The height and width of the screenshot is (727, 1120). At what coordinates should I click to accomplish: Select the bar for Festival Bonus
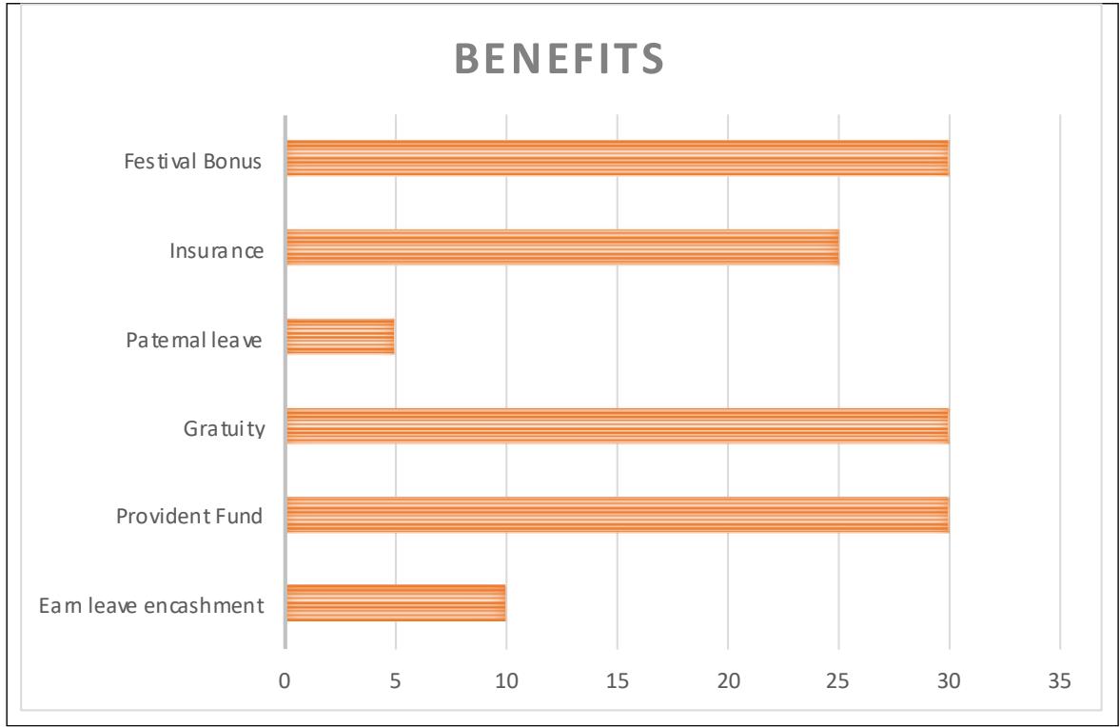coord(617,158)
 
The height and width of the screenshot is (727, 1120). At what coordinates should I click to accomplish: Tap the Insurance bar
coord(561,246)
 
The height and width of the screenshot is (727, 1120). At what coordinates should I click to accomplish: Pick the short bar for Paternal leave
coord(340,336)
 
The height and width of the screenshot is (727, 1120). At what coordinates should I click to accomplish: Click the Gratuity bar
coord(617,425)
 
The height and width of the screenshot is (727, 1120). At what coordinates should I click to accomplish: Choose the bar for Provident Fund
coord(617,514)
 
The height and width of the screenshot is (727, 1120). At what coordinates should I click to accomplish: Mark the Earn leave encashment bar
coord(395,602)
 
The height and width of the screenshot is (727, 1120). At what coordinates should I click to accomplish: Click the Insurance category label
coord(216,252)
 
